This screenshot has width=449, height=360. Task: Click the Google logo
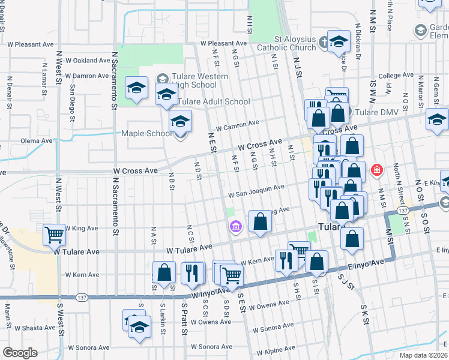(20, 353)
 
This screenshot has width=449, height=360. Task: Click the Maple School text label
(147, 133)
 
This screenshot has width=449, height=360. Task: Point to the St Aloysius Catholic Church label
(286, 43)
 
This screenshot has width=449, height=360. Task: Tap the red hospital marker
(377, 170)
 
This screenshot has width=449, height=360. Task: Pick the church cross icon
(324, 42)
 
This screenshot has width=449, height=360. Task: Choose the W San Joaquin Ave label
(256, 190)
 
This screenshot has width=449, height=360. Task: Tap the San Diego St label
(73, 97)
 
